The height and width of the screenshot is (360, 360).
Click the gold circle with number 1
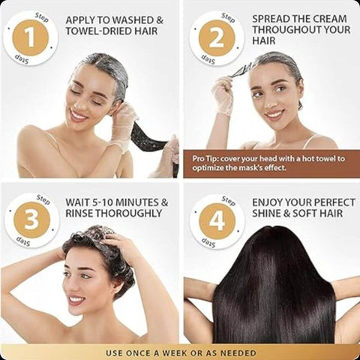pos(31,38)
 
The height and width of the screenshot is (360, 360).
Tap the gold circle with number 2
pos(217,38)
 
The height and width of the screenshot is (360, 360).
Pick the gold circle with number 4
pos(217,220)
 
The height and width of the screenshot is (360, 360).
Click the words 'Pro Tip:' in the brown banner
pos(207,159)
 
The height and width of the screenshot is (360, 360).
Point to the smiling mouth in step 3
pos(76,300)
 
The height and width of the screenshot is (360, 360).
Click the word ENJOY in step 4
pos(268,202)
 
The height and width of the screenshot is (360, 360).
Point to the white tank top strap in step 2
pos(309,140)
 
